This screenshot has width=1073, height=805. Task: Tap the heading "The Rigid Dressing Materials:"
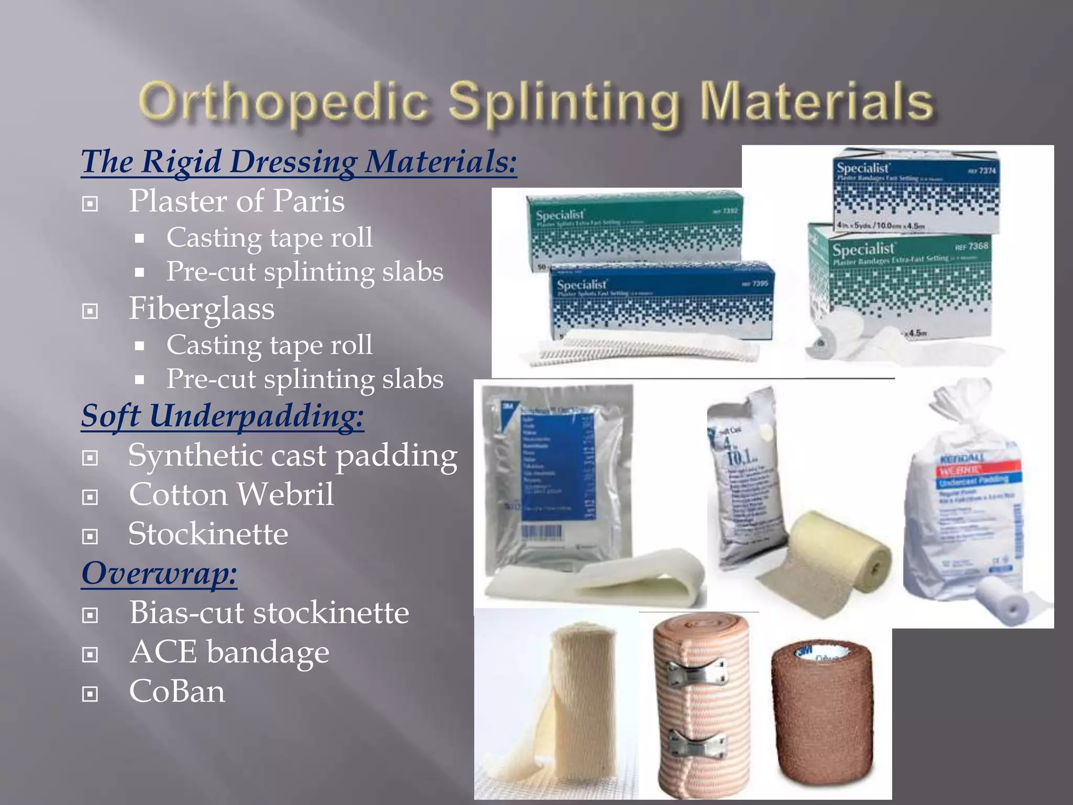click(x=299, y=161)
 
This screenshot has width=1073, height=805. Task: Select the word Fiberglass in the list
click(x=202, y=309)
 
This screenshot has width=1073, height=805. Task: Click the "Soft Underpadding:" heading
click(x=222, y=416)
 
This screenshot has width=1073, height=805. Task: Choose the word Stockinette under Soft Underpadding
click(x=208, y=534)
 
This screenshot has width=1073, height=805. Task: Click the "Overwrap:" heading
click(x=159, y=573)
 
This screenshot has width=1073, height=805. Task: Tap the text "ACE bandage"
click(x=229, y=652)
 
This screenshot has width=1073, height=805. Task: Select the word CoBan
click(x=177, y=692)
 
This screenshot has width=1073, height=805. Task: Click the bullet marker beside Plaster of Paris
click(x=90, y=203)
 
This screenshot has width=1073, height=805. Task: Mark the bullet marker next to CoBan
click(x=90, y=694)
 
